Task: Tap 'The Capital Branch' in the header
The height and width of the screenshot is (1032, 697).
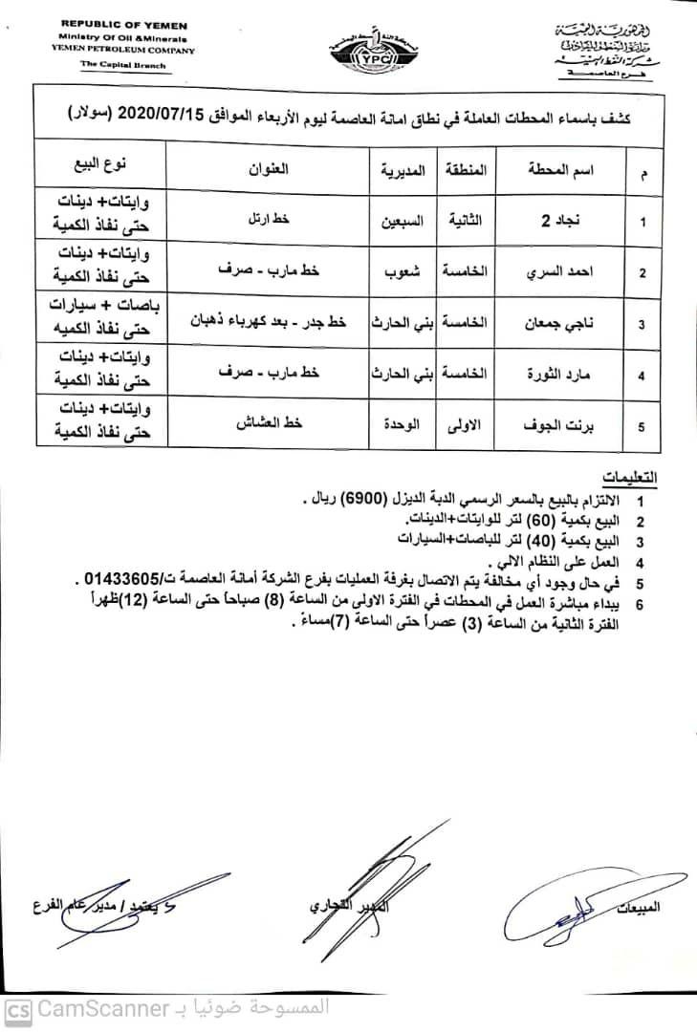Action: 123,66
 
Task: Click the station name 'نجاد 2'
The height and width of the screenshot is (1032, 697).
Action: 558,221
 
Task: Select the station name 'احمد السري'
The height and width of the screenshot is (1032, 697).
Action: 558,272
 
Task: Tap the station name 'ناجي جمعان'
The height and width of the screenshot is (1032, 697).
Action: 558,324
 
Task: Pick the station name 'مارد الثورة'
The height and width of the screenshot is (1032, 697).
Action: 558,376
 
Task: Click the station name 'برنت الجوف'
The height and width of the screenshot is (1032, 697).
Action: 558,426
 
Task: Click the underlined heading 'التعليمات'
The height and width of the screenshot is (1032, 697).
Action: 634,477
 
